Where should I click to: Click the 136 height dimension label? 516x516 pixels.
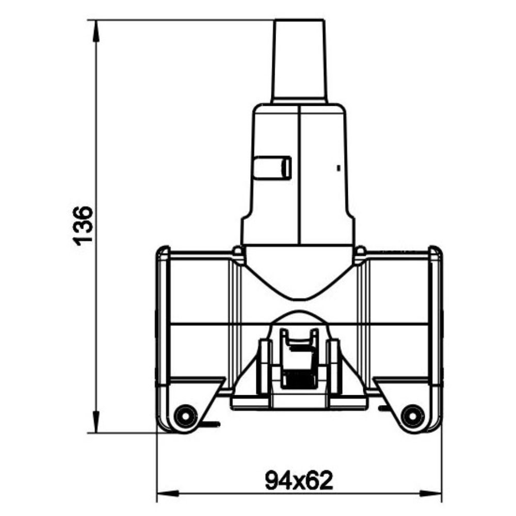coord(83,226)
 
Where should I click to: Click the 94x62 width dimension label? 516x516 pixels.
coord(299,481)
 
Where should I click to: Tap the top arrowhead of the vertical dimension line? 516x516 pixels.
coord(96,31)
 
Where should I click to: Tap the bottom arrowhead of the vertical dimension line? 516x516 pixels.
coord(96,422)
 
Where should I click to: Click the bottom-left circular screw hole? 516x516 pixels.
coord(185,416)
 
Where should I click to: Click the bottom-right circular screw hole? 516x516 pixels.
coord(413,416)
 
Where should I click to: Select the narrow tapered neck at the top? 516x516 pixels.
coord(299,61)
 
